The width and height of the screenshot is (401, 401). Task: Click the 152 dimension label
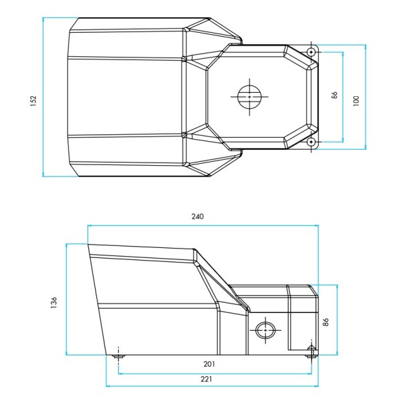33,100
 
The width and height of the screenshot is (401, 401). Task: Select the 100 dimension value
356,100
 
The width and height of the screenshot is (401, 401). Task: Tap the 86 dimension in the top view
335,95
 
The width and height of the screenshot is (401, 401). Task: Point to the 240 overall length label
197,217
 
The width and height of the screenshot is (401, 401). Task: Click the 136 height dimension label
54,303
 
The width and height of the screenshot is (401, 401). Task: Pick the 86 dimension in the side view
326,321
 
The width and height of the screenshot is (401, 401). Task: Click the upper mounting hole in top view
311,52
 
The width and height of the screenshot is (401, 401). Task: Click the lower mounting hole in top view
311,142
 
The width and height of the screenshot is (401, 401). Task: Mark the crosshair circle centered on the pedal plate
249,97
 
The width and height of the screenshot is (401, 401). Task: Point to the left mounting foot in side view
118,356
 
